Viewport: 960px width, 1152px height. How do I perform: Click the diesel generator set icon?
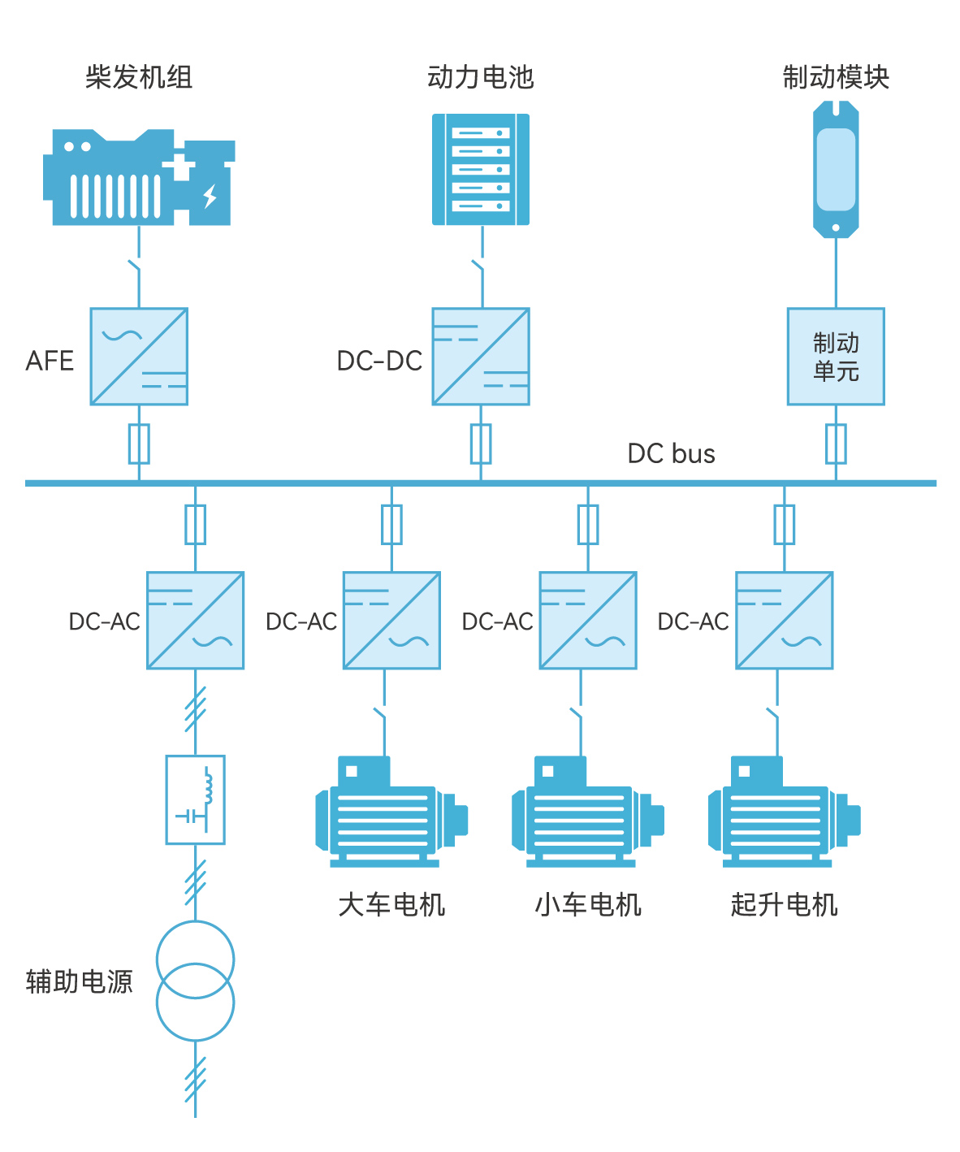click(138, 177)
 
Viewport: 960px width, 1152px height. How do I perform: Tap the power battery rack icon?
click(481, 169)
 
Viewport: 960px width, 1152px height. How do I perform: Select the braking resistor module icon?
click(836, 169)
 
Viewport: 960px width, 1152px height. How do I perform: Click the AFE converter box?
click(139, 356)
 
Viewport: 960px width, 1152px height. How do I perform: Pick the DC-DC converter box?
click(481, 356)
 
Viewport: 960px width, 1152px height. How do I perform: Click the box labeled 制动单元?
click(836, 356)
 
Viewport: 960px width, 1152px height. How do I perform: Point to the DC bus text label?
click(671, 453)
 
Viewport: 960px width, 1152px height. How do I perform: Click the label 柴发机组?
click(139, 77)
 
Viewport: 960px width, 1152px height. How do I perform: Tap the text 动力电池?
click(481, 77)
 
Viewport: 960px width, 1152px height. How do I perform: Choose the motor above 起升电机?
click(784, 812)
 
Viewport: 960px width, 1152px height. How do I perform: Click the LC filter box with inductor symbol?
click(195, 799)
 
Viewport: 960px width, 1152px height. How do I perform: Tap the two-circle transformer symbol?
click(195, 981)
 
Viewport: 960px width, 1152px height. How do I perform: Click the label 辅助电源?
click(79, 981)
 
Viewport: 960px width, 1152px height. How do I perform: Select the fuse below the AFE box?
click(139, 444)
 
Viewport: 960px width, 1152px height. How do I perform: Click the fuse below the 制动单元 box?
click(836, 444)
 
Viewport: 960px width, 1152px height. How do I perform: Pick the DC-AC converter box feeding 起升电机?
click(784, 620)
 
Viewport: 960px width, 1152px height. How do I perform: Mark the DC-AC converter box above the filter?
click(195, 620)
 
